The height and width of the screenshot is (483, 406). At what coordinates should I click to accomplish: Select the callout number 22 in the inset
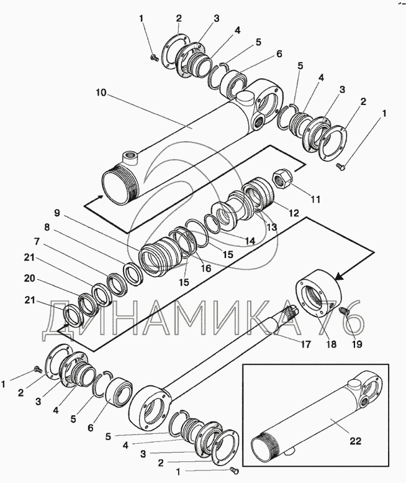click(355, 441)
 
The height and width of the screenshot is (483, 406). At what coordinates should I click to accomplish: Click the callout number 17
click(305, 344)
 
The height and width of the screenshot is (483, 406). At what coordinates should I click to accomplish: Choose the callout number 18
click(331, 344)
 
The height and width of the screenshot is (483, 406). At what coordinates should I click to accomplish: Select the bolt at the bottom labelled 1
click(234, 471)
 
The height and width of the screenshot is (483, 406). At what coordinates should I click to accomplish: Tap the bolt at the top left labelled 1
click(153, 57)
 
